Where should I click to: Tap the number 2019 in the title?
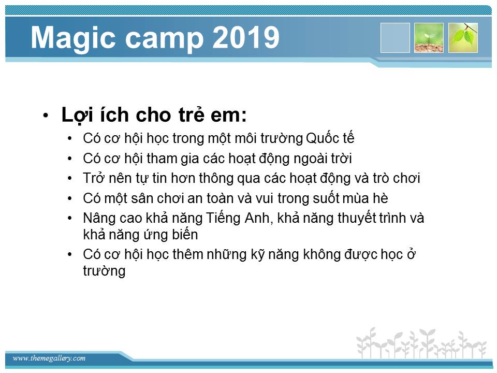point(245,37)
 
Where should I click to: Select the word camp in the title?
point(165,40)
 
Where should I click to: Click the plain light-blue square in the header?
point(395,38)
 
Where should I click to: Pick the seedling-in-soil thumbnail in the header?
point(429,38)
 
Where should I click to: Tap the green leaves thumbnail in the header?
point(463,38)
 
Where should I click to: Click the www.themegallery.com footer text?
point(49,358)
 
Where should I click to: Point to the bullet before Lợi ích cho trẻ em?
point(46,116)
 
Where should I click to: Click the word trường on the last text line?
point(104,271)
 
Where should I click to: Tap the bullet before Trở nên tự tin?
point(70,179)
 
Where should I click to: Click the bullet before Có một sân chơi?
point(70,199)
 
